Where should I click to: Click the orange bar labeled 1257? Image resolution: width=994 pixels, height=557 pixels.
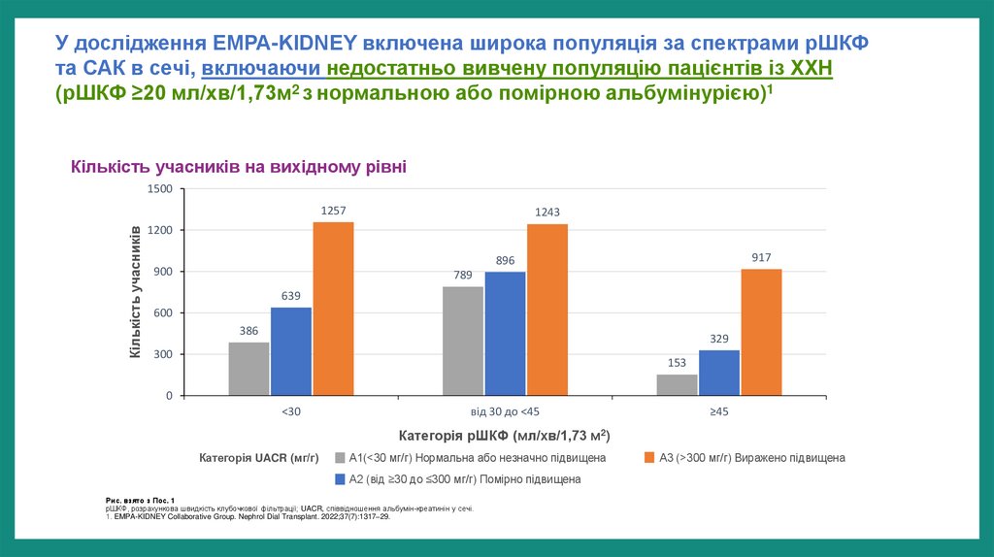coord(333,309)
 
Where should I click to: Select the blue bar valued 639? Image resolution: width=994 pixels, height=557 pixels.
coord(291,351)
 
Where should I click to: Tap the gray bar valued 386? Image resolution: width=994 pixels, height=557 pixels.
coord(249,369)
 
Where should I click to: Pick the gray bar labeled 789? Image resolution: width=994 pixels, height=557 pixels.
coord(463,341)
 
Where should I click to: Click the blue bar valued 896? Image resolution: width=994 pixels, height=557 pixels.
coord(505,334)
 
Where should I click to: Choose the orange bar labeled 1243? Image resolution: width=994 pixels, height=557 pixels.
coord(547,310)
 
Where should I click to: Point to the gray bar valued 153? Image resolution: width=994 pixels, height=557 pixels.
coord(677,385)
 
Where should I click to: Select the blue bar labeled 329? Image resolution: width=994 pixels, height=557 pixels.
coord(718,373)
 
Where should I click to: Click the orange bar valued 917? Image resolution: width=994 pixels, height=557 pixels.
coord(761,332)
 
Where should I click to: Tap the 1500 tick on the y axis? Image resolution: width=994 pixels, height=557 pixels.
coord(158,189)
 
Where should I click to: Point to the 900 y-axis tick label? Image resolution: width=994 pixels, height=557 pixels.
coord(162,272)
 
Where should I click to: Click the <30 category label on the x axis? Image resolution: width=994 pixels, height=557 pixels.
coord(291,411)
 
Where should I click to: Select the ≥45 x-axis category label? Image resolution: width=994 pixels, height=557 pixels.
coord(718,411)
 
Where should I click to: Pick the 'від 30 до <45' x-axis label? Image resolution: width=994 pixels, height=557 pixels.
coord(505,411)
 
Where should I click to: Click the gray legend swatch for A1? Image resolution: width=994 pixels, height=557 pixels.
coord(340,457)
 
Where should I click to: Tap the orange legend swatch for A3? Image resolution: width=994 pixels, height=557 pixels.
coord(650,457)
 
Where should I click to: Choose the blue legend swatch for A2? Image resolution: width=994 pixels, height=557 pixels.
coord(340,478)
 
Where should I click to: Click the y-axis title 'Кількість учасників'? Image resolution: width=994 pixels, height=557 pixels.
coord(135,292)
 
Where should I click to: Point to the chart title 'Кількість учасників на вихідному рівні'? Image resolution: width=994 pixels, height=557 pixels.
coord(238,168)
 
